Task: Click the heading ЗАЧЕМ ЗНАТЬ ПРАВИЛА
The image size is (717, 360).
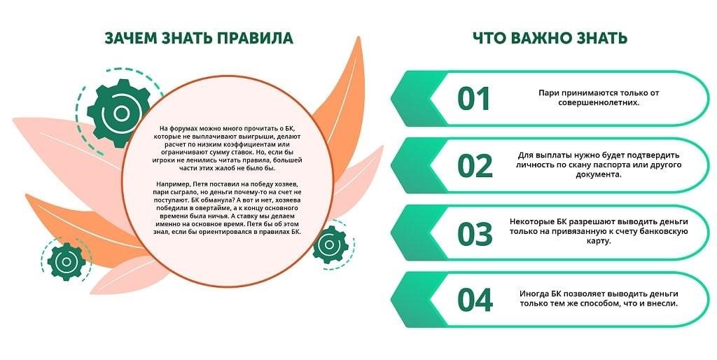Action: pos(199,38)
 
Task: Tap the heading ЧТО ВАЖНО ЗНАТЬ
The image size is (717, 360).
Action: pos(550,38)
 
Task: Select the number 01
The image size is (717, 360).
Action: pos(474,99)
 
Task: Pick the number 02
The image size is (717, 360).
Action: pos(475,166)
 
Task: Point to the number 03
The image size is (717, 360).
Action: pos(475,234)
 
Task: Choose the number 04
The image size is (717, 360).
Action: pos(475,300)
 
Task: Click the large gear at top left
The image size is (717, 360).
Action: pos(119,113)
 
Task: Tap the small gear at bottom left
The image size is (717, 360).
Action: pos(67,262)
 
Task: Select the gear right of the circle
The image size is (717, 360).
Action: pos(330,244)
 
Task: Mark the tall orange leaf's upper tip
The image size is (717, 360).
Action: pos(359,38)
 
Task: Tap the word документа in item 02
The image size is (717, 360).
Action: pos(599,174)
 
